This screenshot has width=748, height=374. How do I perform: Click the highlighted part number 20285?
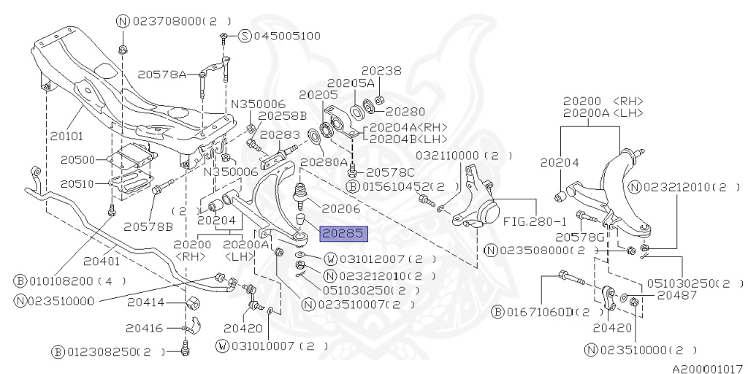point(343,234)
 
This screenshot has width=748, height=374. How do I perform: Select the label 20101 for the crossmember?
point(67,136)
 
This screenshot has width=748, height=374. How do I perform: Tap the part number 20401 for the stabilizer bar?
point(102,259)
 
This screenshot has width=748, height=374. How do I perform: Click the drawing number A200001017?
point(707,368)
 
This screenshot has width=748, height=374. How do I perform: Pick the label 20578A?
point(162,74)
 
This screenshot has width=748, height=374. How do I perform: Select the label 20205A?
point(351,83)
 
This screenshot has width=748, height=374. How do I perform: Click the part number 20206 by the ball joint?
point(341,208)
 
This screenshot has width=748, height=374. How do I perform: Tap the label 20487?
point(677,295)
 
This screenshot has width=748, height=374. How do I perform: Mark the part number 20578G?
point(579,236)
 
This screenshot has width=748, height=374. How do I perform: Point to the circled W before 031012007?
point(330,259)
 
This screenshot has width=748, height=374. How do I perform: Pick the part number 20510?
point(77,183)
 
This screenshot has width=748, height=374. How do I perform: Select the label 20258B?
point(282,115)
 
